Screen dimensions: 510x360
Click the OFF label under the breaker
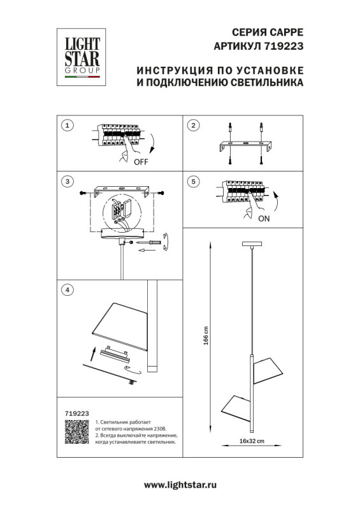(141, 162)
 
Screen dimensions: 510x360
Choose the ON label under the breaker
(265, 217)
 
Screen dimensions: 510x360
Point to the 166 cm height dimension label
(206, 336)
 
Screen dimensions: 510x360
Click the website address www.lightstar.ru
(180, 484)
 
